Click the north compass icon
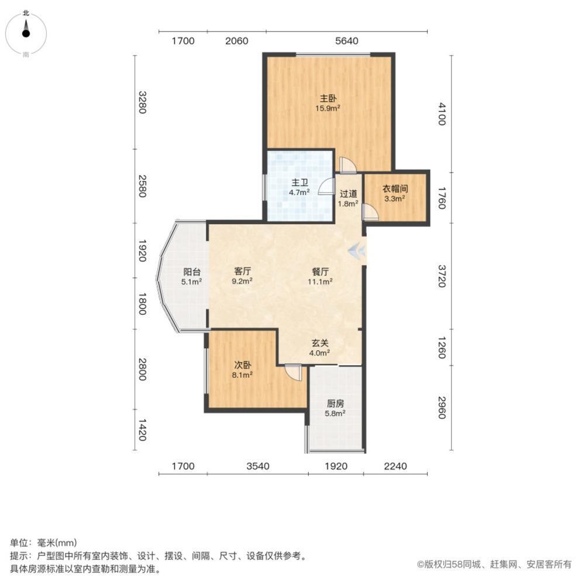[x=26, y=33]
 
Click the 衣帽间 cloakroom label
[x=395, y=189]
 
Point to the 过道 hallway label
[x=348, y=194]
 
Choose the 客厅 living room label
[x=243, y=271]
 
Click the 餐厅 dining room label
[x=320, y=271]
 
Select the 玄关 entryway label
[x=320, y=343]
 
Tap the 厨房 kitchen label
[x=335, y=403]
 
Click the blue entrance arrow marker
[x=356, y=251]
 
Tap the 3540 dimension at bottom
[x=257, y=466]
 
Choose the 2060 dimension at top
[x=237, y=41]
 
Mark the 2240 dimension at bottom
[x=394, y=466]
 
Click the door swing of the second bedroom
[x=293, y=371]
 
